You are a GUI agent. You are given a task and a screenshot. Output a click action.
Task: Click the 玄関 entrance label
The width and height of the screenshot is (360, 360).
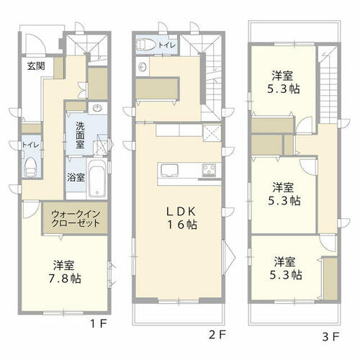[36, 66]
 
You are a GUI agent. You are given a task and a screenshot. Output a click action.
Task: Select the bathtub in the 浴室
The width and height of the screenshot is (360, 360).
[96, 178]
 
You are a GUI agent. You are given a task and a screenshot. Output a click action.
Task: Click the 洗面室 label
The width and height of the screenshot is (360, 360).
[80, 135]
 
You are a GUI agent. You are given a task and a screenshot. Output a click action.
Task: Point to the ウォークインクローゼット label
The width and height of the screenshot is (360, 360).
[76, 218]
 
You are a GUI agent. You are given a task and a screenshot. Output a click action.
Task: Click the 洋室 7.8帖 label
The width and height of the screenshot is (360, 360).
[65, 272]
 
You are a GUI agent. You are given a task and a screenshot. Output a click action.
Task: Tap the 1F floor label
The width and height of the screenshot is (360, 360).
[98, 324]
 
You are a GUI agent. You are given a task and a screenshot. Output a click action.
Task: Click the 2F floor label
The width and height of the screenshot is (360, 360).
[217, 335]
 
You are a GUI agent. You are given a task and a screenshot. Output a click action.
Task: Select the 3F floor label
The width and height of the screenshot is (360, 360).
[330, 337]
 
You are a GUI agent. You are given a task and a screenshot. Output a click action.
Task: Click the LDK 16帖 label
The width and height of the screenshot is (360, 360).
[181, 218]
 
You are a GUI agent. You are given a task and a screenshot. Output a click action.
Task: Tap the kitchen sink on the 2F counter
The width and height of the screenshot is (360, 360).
[170, 171]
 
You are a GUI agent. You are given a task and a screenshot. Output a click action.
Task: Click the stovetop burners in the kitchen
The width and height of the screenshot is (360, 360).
[209, 170]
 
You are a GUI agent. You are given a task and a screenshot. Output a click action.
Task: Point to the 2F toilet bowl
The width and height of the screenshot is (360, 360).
[146, 45]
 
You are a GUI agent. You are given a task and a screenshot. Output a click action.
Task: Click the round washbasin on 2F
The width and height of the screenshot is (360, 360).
[143, 66]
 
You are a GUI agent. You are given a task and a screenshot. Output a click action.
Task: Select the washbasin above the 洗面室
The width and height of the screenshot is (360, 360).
[98, 108]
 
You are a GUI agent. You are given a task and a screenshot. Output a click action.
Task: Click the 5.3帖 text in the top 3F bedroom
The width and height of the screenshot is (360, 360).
[283, 89]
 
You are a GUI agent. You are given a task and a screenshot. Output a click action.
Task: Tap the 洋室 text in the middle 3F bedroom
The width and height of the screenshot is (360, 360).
[283, 187]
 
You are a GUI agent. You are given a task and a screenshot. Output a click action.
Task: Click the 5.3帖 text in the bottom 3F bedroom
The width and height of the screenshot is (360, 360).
[286, 275]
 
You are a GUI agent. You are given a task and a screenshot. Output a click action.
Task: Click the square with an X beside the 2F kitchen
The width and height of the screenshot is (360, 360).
[212, 133]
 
